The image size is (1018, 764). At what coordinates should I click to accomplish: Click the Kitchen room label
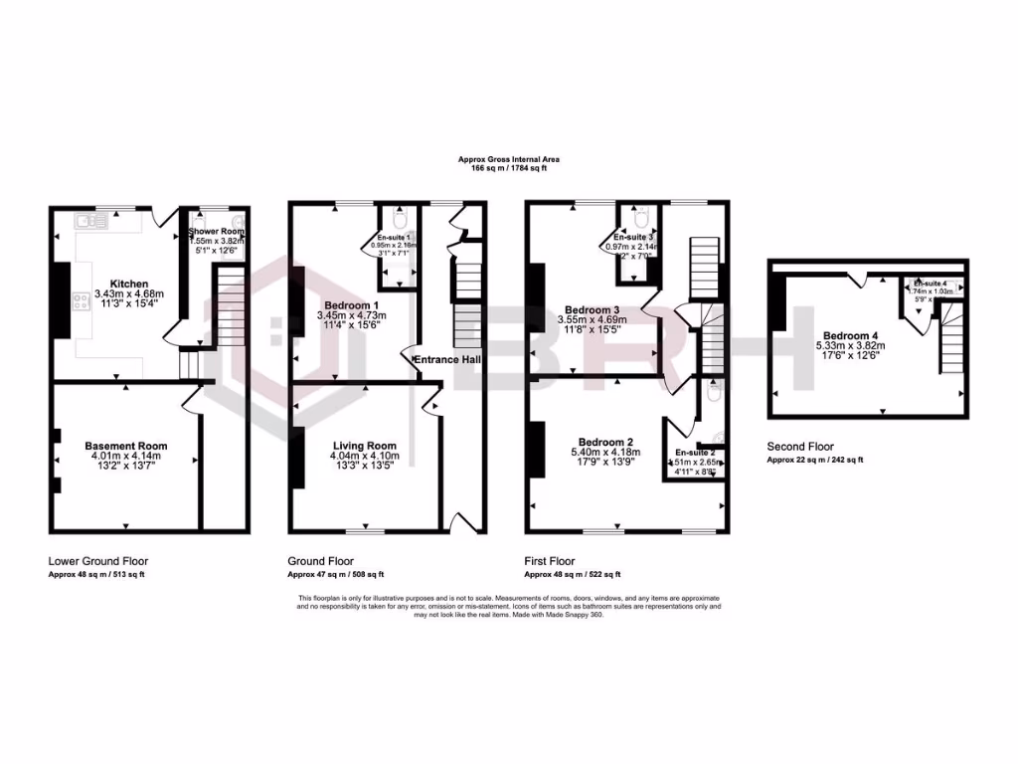tap(129, 283)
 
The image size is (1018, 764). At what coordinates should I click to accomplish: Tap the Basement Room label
tap(125, 446)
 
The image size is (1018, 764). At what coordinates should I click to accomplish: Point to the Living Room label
tap(364, 446)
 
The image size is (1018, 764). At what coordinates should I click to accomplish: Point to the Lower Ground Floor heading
tap(98, 561)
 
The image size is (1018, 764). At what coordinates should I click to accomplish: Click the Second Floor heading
tap(800, 447)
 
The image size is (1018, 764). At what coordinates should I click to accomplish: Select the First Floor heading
tap(551, 561)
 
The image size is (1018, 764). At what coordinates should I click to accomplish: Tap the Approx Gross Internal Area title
tap(508, 158)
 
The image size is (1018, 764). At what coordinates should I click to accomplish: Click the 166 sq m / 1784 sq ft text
tap(508, 168)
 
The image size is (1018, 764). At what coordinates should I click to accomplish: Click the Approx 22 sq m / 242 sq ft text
tap(815, 460)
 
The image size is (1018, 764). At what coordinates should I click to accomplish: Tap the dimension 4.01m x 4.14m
tap(125, 457)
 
